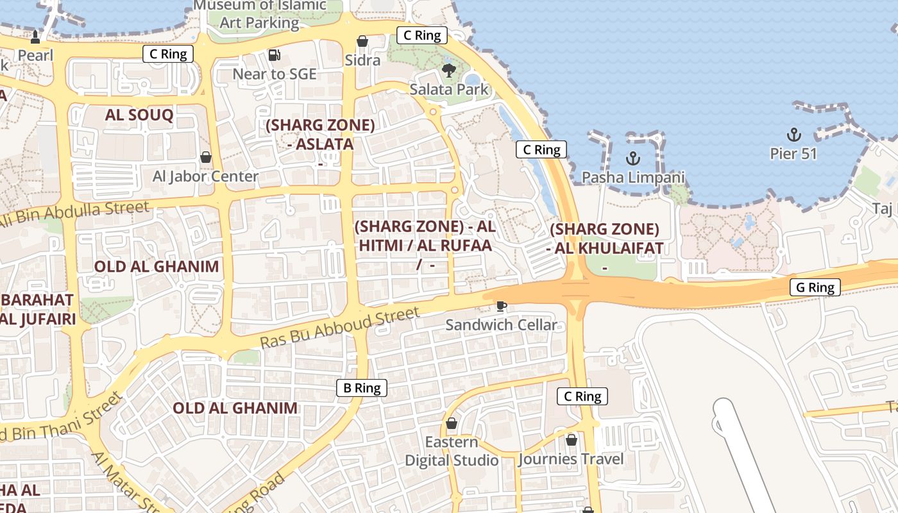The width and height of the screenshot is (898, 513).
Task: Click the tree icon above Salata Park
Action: pos(448,70)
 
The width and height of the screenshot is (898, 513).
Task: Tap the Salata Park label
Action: pos(449,90)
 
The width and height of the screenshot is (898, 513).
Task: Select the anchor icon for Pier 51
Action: pos(794,135)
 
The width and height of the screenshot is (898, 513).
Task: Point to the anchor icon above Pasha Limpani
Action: pos(633,158)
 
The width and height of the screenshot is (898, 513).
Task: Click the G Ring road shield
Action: pos(815,287)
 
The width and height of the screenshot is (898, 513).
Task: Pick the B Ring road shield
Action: pos(362,387)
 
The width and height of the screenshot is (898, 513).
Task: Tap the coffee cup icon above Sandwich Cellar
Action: pos(501,306)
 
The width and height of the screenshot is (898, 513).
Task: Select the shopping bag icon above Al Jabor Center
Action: pos(206,157)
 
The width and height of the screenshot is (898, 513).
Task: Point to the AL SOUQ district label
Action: pos(139,115)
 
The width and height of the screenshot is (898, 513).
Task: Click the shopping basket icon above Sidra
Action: pos(362,41)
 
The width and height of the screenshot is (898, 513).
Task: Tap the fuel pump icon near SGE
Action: pos(275,55)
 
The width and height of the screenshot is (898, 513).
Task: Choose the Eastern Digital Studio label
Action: pos(452,451)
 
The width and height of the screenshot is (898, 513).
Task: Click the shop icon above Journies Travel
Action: pos(571,440)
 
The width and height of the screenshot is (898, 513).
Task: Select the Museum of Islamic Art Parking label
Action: pos(259,14)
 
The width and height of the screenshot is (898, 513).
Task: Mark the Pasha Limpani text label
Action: pos(633,177)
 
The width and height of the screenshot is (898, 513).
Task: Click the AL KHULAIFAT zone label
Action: pos(605,239)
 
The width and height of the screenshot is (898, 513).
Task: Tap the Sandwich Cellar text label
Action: pos(501,325)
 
